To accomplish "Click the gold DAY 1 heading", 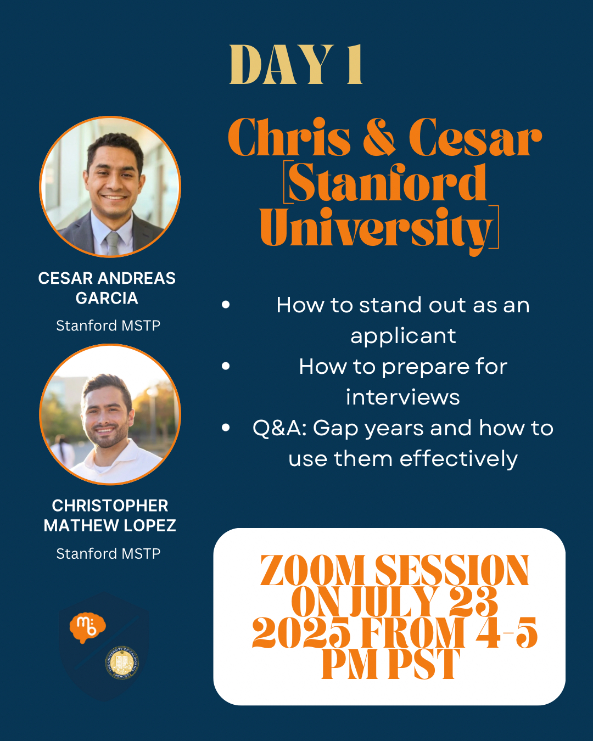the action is (x=296, y=64).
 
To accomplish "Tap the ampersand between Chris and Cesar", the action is (x=379, y=137).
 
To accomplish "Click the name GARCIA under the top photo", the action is (x=107, y=298).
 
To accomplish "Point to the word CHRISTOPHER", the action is (x=110, y=506).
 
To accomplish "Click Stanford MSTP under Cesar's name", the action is (x=108, y=325).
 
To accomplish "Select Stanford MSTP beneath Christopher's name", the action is (x=108, y=554).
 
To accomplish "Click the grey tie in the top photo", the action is (x=113, y=244).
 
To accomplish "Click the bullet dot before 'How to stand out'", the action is (x=226, y=305).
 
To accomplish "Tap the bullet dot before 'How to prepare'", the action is (x=226, y=366).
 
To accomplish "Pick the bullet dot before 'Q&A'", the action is (x=226, y=428).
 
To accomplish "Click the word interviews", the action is (x=403, y=397).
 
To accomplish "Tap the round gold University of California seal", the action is (x=122, y=663).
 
